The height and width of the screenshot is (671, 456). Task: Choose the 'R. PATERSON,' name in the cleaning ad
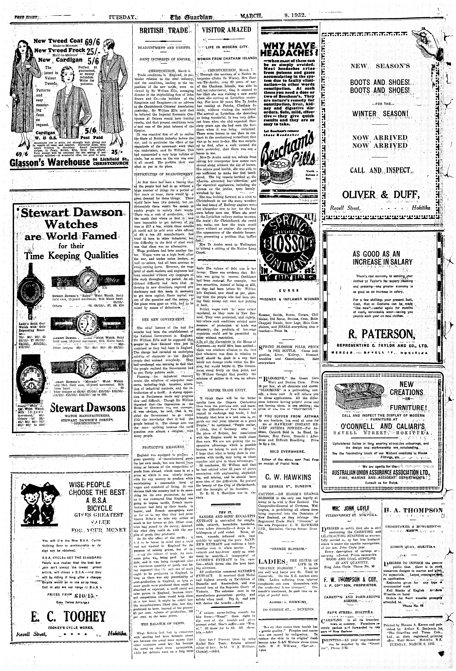click(x=382, y=335)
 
